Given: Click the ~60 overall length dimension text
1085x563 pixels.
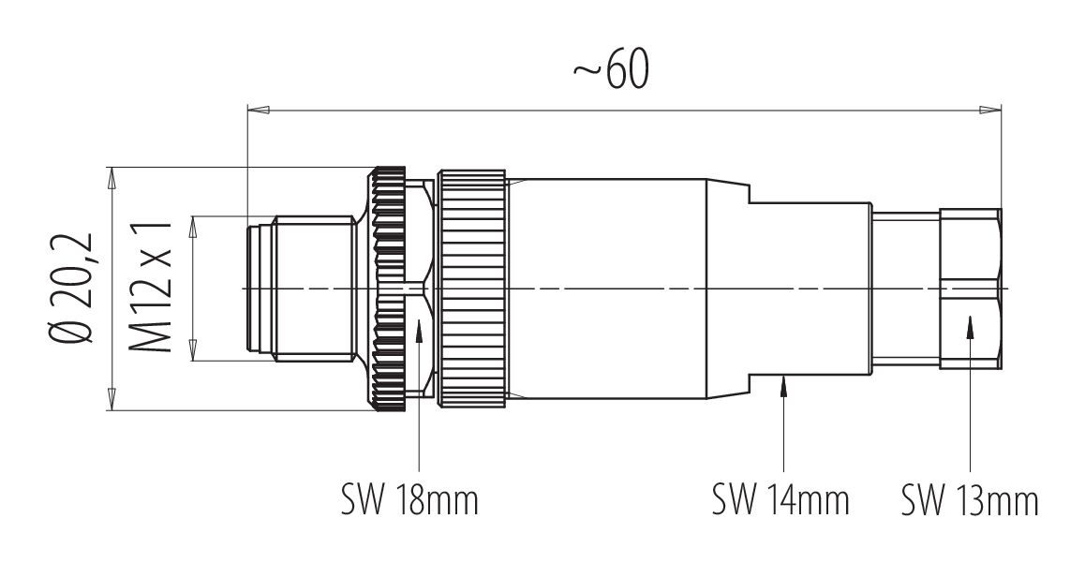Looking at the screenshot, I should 610,72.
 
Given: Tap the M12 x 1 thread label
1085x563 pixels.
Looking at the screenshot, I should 150,289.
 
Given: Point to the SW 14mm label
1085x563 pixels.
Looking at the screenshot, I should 780,500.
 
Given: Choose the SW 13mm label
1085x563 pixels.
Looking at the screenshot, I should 970,500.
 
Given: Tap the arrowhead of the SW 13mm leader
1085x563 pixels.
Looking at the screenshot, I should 970,324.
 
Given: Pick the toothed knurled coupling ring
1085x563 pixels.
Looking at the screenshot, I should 388,289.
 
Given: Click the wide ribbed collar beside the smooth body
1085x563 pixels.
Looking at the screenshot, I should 473,289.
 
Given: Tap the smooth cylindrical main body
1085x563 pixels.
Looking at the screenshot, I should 609,289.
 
